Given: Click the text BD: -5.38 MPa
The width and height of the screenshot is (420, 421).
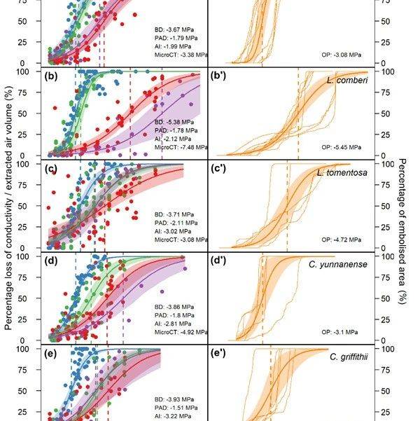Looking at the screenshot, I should click(x=176, y=121).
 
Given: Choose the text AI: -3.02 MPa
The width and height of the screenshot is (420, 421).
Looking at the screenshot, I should click(x=176, y=231).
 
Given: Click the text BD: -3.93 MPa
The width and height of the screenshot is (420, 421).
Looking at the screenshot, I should click(x=176, y=399).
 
